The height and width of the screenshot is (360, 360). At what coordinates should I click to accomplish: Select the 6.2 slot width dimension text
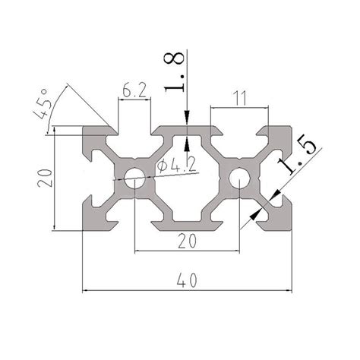(133, 93)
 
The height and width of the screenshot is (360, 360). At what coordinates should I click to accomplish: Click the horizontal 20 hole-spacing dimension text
(186, 241)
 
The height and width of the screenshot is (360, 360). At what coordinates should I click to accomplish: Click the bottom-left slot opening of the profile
(134, 223)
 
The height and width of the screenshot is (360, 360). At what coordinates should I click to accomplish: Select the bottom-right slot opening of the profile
(239, 223)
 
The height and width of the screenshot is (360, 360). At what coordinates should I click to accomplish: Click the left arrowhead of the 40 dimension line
(86, 289)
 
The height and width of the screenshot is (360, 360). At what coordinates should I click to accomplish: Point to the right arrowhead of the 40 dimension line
(288, 289)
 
